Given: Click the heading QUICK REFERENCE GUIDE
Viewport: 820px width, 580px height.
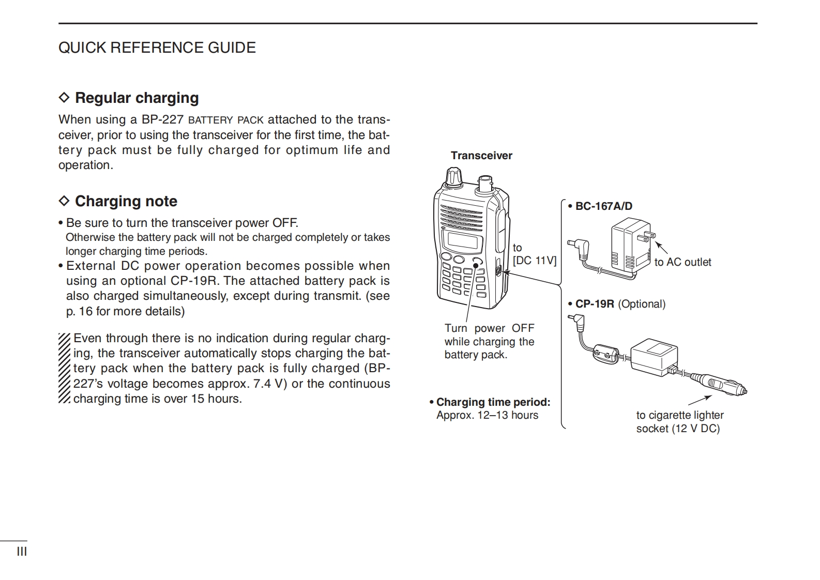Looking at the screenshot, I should click(x=157, y=48).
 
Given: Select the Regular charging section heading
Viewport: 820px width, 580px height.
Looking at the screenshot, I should click(x=136, y=98).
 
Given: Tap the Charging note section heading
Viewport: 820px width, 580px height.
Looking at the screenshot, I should click(x=126, y=201).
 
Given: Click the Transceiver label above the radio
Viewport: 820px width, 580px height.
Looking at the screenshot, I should click(x=481, y=156).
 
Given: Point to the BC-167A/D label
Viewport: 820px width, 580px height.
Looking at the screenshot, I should click(x=603, y=206).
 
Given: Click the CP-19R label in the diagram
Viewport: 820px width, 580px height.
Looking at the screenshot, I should click(x=594, y=304).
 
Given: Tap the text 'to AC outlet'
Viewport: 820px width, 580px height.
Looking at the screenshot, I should click(x=682, y=262).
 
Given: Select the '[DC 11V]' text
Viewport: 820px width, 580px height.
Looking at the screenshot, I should click(x=535, y=261).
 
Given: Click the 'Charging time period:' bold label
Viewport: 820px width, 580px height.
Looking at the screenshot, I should click(x=493, y=402).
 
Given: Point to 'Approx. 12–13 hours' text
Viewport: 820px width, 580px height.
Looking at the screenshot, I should click(x=487, y=415).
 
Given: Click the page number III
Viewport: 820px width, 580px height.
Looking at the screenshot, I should click(x=22, y=552).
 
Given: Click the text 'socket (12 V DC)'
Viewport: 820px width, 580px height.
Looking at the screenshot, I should click(x=678, y=429).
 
